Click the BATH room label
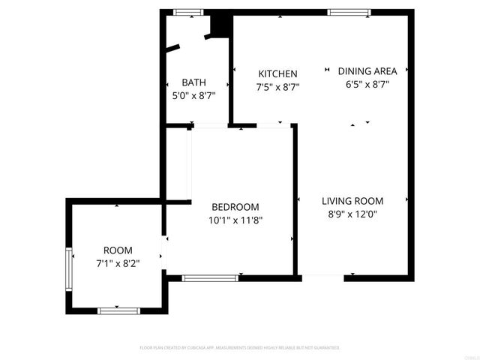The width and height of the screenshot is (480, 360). coord(193,82)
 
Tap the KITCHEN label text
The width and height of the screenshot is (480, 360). coord(277,73)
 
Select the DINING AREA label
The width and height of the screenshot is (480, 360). coord(367,71)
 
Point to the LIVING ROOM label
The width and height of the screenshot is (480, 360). coord(352,201)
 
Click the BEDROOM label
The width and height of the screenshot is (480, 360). coord(235,207)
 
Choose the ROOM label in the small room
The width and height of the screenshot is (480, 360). coord(118,250)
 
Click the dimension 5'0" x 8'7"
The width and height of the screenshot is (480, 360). coord(193,95)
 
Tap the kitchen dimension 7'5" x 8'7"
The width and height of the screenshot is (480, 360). coord(278,86)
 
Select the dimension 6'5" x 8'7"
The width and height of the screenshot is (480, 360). coord(367,84)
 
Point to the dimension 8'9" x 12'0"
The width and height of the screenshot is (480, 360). coord(352,214)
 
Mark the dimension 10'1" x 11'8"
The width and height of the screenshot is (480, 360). coord(235,220)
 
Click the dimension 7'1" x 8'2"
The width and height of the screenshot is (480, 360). coord(118,263)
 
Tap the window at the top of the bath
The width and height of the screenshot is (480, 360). coord(188,11)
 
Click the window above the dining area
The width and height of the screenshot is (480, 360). coord(349,11)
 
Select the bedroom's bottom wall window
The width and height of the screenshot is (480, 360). coord(211,277)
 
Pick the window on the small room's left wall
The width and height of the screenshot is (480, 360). coord(70,264)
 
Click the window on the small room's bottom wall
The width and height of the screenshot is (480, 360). coord(118,310)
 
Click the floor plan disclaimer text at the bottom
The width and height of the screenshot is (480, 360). coord(240,348)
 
